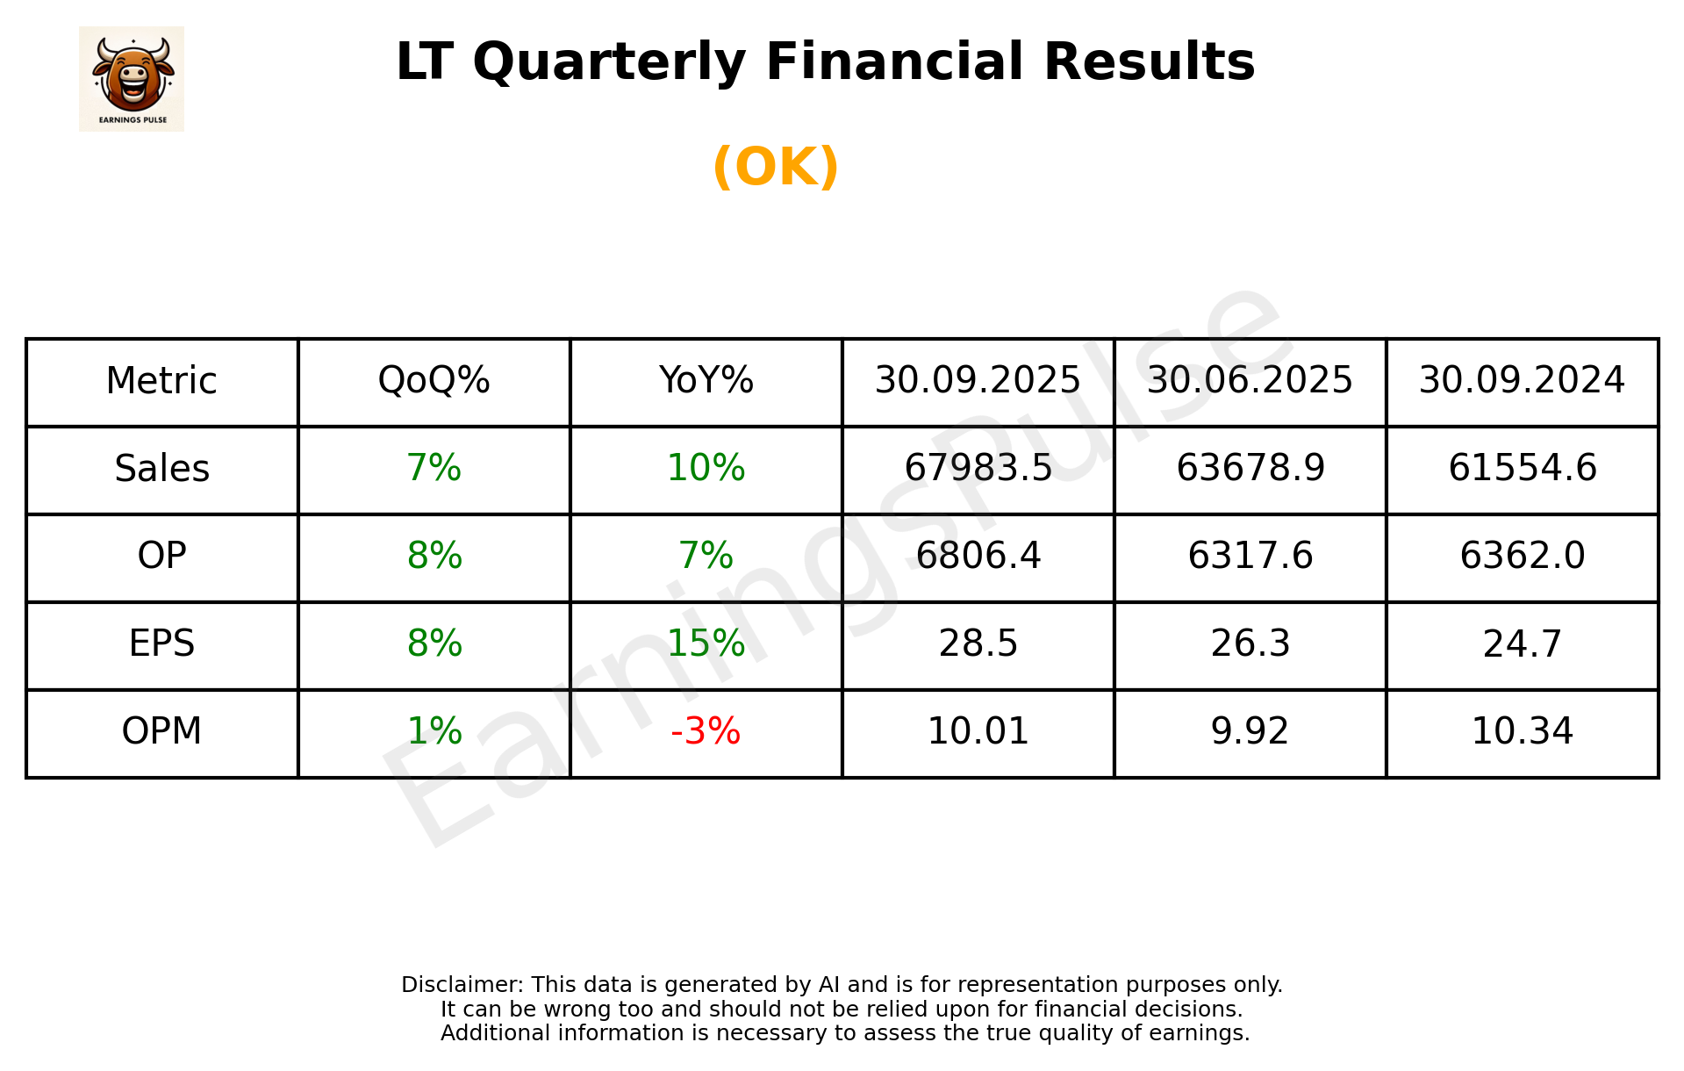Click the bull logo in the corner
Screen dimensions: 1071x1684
132,79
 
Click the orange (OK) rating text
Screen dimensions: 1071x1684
776,167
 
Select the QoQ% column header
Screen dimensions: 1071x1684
434,381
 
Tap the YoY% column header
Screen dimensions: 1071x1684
706,381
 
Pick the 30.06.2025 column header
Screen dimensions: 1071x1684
1250,381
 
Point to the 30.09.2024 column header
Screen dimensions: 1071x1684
1522,381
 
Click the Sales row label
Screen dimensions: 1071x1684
162,469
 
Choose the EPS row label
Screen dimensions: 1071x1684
162,644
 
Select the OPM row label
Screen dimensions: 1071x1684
162,731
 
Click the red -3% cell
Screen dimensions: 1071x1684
706,731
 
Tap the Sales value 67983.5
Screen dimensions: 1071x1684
978,469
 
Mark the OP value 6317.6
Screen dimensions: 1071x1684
1250,557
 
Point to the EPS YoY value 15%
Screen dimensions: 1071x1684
706,644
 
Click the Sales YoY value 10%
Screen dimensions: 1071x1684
706,469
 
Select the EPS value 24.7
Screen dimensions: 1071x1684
1522,644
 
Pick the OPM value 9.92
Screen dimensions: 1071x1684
1250,731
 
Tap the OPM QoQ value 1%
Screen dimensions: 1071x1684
434,731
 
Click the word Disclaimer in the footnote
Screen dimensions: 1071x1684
461,985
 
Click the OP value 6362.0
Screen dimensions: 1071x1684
1522,557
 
